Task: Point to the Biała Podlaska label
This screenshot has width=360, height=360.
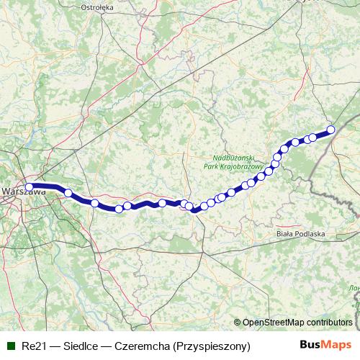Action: point(301,234)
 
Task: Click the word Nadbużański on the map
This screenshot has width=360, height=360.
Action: point(237,158)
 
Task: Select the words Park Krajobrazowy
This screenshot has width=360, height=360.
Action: point(237,166)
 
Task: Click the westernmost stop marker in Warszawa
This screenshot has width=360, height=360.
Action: point(30,187)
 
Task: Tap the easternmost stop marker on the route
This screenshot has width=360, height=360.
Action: point(331,130)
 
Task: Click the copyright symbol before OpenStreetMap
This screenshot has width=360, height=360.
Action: point(238,323)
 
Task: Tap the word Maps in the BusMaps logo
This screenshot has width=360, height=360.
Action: point(335,346)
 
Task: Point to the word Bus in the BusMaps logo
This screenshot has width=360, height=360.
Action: point(310,346)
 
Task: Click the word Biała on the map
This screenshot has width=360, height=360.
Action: point(285,234)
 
